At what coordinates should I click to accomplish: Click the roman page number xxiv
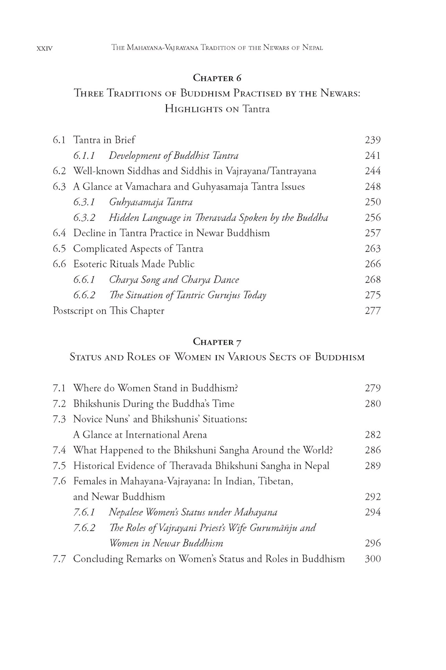tap(45, 48)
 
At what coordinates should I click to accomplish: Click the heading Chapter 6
tap(217, 78)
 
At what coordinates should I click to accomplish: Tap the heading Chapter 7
tap(217, 342)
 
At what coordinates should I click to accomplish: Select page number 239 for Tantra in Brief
tap(373, 140)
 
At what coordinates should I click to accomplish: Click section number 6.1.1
tap(84, 156)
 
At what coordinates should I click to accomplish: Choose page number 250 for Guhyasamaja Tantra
tap(373, 202)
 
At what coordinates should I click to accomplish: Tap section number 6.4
tap(59, 233)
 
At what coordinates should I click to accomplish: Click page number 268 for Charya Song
tap(373, 280)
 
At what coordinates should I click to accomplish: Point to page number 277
tap(373, 311)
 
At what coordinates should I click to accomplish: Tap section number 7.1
tap(59, 388)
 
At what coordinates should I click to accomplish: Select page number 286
tap(373, 450)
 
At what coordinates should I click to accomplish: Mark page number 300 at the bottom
tap(373, 559)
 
